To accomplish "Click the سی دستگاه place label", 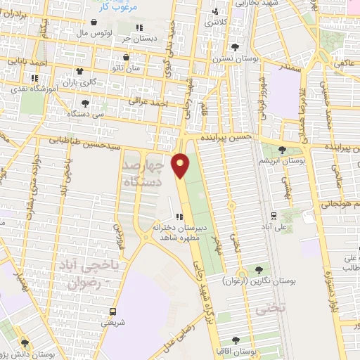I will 87,112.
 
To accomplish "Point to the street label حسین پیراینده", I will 224,138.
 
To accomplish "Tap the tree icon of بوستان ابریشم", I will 282,149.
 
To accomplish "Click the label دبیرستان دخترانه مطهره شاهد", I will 158,232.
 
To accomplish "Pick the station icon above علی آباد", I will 273,216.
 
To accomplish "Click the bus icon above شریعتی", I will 112,311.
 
